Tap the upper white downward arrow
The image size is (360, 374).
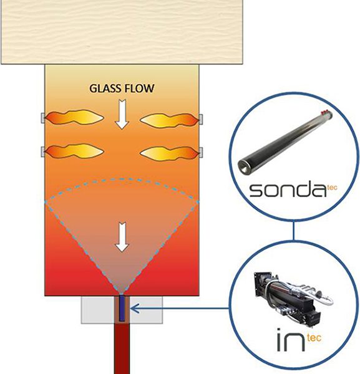122,115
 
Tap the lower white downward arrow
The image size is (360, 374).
122,237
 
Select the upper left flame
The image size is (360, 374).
74,117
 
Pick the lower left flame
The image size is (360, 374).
74,151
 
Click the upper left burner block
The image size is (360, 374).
43,118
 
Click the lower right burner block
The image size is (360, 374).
201,153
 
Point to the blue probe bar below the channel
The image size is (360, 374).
122,308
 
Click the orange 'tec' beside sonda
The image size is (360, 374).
332,188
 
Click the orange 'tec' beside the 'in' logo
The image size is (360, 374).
314,338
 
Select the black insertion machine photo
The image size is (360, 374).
294,298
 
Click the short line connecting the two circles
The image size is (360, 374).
294,231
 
